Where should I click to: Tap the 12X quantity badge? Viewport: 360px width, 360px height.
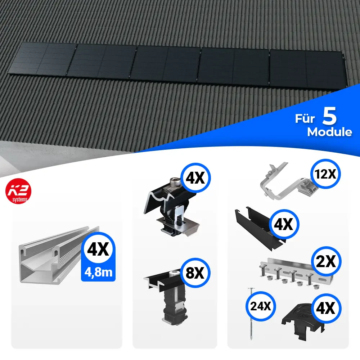[325, 174]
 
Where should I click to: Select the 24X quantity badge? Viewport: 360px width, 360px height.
[260, 306]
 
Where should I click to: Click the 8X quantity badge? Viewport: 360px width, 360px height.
[195, 273]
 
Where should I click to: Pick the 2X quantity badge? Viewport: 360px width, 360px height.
[326, 261]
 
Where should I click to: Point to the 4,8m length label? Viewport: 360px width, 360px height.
[98, 272]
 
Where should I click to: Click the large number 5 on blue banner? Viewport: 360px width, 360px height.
[329, 116]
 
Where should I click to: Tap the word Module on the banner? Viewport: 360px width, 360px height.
[329, 132]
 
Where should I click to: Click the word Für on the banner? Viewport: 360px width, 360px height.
[305, 118]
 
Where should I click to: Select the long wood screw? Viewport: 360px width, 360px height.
[251, 314]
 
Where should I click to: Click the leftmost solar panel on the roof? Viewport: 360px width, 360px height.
[42, 59]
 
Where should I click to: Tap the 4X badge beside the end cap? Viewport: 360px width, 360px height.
[326, 309]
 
